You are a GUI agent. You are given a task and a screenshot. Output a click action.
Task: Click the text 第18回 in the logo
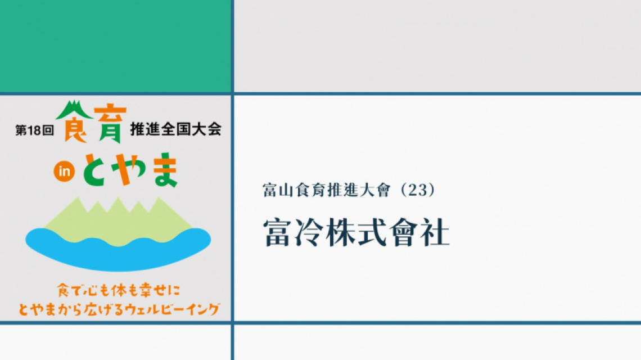[35, 130]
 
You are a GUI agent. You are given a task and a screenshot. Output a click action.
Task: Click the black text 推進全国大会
[176, 129]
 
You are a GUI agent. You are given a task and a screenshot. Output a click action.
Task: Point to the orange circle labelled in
[64, 172]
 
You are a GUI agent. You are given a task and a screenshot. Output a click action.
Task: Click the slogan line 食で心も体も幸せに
[119, 290]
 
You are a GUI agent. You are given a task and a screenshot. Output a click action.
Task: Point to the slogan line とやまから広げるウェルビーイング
[119, 309]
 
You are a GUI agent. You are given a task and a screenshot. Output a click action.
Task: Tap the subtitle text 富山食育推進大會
[327, 190]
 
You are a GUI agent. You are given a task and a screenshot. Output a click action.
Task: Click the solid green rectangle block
[115, 46]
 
